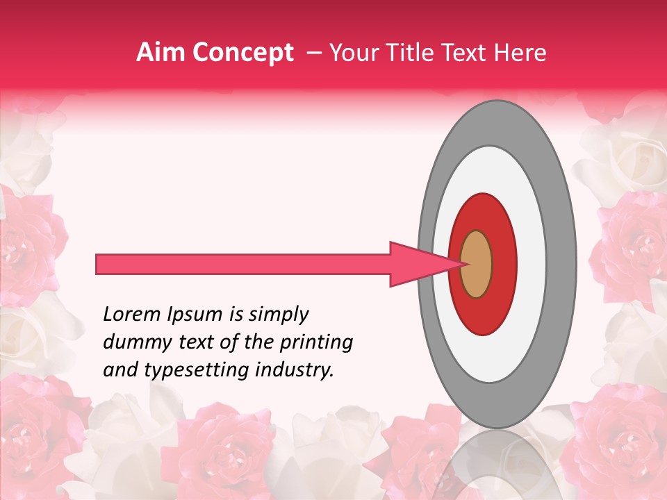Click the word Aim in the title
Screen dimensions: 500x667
(x=160, y=53)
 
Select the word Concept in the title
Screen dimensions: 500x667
(x=242, y=53)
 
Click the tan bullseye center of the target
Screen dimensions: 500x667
(x=476, y=264)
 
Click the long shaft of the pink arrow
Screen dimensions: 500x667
(x=243, y=264)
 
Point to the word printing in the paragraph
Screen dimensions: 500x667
(x=317, y=343)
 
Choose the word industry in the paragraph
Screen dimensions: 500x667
(x=295, y=371)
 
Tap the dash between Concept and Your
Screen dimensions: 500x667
(x=313, y=53)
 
